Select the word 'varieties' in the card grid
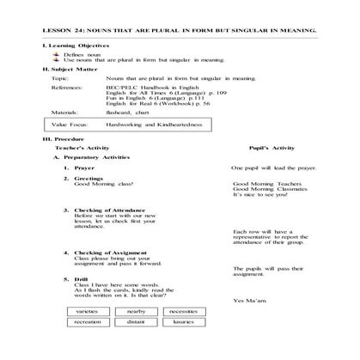pos(86,311)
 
